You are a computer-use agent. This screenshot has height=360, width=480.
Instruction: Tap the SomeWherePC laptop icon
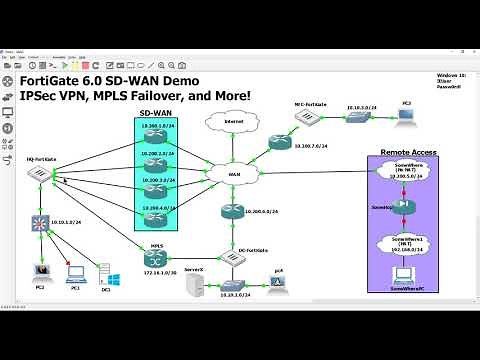click(x=407, y=276)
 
